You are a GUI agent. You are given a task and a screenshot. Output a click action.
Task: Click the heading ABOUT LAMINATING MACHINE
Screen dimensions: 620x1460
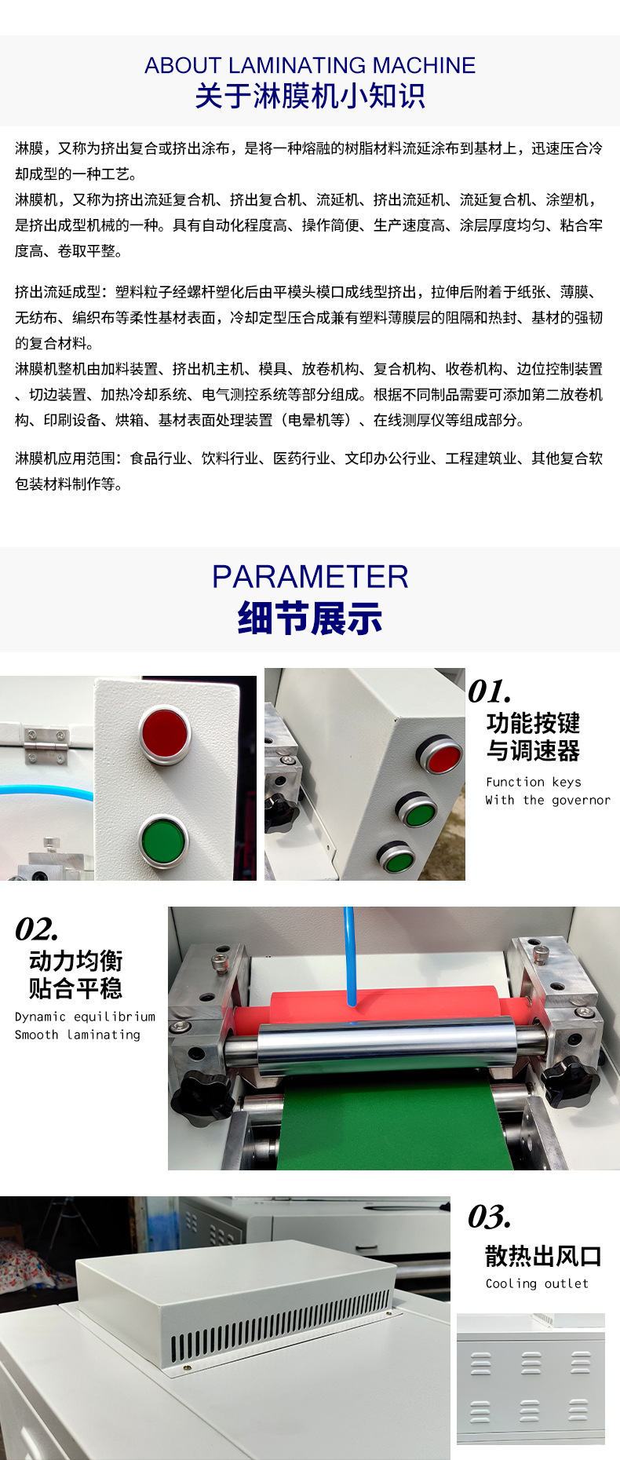310,65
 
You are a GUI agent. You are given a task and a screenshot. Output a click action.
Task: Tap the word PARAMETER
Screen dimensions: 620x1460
310,577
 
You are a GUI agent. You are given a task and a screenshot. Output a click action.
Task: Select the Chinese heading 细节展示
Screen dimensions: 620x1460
310,619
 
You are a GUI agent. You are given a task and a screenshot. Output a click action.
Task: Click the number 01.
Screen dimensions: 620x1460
490,692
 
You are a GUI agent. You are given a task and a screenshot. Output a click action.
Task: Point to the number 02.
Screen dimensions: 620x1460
37,929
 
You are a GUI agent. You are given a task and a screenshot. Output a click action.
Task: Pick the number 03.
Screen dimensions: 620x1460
490,1217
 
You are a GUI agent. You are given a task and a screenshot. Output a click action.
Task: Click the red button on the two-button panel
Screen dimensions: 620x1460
165,732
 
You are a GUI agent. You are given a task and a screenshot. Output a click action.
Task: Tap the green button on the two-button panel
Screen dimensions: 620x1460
163,839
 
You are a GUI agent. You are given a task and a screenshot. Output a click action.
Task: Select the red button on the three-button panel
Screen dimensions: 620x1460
440,756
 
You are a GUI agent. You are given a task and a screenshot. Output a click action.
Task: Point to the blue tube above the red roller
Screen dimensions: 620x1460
350,958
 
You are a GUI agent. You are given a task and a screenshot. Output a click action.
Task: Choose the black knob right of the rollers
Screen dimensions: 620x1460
571,1082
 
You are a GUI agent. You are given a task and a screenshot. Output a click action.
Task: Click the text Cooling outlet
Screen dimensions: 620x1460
537,1284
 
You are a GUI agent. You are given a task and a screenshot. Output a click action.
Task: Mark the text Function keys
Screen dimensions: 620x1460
534,782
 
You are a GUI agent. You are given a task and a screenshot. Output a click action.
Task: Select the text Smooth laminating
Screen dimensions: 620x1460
78,1035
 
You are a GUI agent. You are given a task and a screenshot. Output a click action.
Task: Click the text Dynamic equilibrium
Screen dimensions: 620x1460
85,1017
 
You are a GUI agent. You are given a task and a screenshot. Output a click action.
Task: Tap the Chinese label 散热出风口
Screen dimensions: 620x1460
543,1256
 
